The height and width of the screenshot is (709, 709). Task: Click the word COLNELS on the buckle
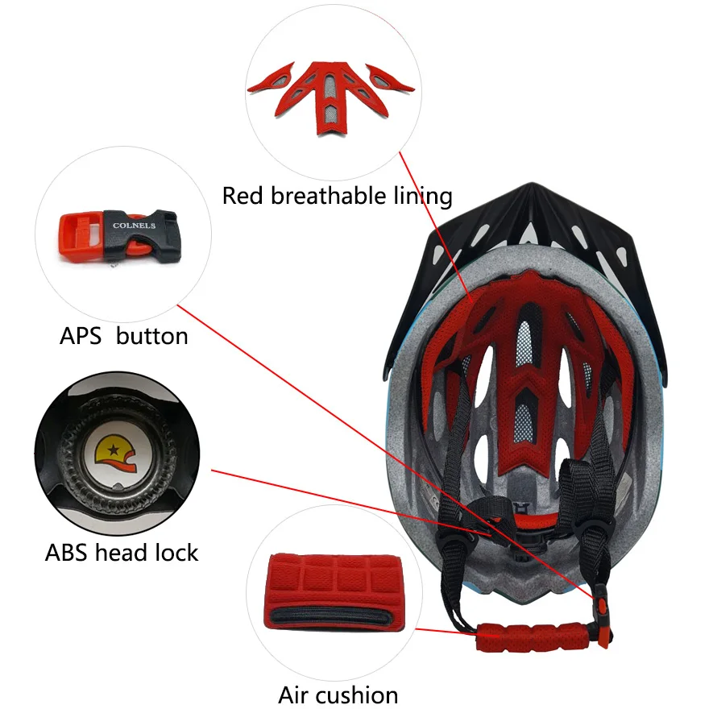135,226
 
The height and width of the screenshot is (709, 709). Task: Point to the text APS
81,336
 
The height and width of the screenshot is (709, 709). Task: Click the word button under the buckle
151,336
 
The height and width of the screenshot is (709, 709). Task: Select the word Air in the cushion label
295,694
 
